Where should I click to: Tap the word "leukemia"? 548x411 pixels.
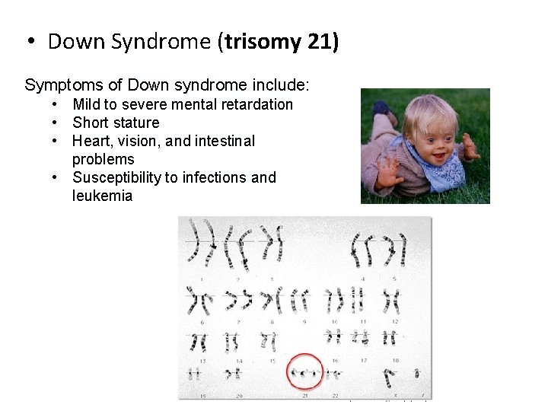pyautogui.click(x=102, y=196)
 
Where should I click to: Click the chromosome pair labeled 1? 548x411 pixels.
pyautogui.click(x=202, y=247)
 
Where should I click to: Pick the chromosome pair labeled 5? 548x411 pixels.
pyautogui.click(x=393, y=250)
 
